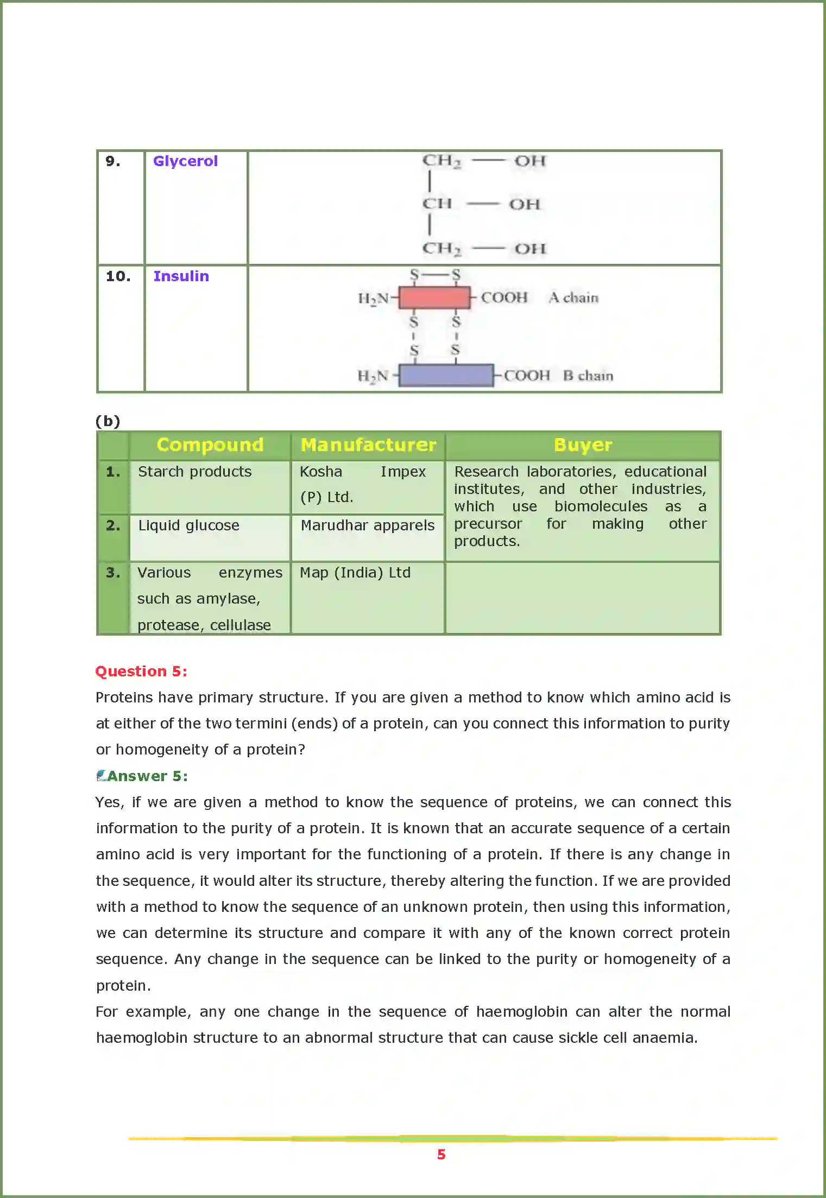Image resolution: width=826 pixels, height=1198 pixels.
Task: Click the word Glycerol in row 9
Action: click(x=185, y=161)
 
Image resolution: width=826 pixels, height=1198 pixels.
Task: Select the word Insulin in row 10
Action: click(x=181, y=276)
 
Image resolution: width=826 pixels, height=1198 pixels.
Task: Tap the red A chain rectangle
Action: click(x=434, y=298)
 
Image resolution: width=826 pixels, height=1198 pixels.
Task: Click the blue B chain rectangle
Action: click(x=446, y=376)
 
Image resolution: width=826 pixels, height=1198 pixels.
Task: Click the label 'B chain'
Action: click(x=588, y=376)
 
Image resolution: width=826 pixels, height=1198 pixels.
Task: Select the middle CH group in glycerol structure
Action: click(x=437, y=204)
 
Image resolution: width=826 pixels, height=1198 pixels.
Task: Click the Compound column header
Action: click(x=210, y=445)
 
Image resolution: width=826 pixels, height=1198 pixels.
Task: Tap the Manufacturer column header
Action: click(x=368, y=445)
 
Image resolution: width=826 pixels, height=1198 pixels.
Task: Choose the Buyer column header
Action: click(x=583, y=445)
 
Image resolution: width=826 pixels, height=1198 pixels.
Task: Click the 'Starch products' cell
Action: click(x=194, y=472)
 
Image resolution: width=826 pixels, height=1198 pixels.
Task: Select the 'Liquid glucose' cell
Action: click(x=188, y=525)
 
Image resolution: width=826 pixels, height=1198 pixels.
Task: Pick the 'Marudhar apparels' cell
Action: click(x=368, y=525)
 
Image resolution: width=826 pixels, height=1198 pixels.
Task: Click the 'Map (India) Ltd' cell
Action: click(x=355, y=573)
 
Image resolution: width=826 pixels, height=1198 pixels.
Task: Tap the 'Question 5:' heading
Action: click(x=141, y=671)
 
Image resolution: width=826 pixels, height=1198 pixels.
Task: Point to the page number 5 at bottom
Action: click(x=441, y=1155)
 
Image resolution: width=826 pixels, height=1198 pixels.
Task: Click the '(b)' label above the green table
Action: click(x=108, y=421)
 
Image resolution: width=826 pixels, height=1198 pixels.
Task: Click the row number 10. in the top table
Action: click(x=118, y=276)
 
